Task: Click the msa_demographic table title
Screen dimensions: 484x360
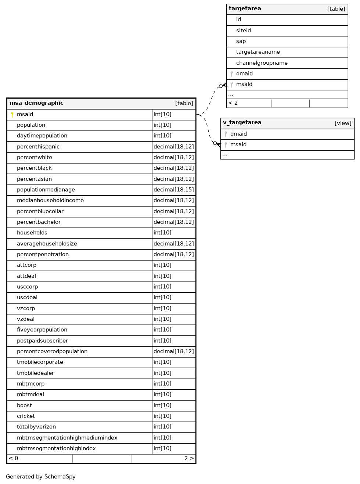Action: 36,103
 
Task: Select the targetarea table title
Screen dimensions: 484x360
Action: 245,9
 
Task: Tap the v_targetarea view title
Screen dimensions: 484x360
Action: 242,123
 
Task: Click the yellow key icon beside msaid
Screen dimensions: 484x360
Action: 12,115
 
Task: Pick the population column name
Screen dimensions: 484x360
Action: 31,125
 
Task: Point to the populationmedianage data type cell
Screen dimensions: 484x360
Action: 173,190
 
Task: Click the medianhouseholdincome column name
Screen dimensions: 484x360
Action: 50,201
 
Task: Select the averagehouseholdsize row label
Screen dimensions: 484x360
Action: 47,244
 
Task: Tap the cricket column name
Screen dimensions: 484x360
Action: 26,416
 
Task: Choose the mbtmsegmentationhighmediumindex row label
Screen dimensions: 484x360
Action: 67,438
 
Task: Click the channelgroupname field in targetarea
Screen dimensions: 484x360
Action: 262,63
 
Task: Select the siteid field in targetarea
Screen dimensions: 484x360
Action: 243,31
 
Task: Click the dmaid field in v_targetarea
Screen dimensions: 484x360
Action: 238,134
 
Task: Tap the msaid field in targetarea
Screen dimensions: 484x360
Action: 244,85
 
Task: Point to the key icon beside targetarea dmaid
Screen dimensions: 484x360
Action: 231,74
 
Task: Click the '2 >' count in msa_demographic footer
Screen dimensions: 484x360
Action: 189,458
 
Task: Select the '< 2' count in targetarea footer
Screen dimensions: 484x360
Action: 233,103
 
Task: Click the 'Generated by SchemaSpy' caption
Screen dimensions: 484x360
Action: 40,477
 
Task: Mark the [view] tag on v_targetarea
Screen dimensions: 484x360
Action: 343,123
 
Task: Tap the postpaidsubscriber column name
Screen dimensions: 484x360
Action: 42,341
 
